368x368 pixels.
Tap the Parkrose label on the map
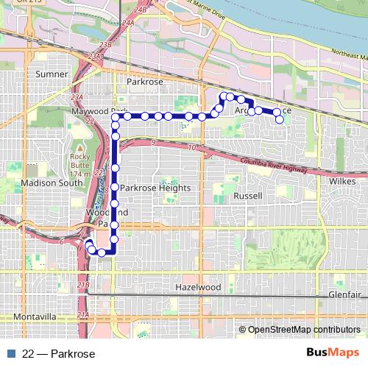[144, 82]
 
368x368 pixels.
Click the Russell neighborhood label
[247, 197]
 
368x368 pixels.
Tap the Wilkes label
[344, 181]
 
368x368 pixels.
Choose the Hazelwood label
[198, 286]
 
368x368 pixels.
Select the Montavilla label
[35, 316]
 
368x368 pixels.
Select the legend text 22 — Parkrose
[60, 354]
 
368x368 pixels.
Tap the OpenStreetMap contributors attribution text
[302, 330]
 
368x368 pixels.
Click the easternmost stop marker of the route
[279, 118]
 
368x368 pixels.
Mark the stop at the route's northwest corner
[116, 116]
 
